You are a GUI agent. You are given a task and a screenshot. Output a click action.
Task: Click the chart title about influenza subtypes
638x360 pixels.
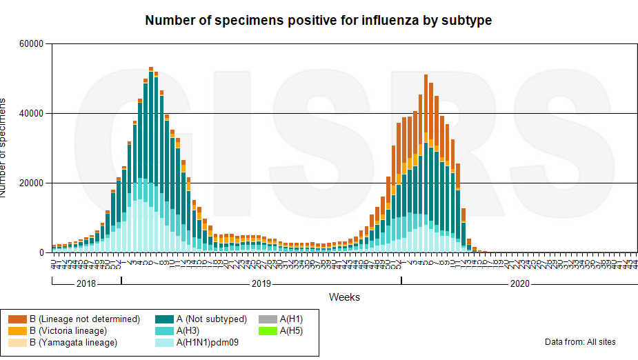[318, 21]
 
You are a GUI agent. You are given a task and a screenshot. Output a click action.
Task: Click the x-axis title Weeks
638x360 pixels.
[344, 297]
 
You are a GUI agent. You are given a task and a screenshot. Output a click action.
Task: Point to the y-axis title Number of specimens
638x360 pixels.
[6, 148]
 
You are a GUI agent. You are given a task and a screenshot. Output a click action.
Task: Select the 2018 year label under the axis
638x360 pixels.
[86, 283]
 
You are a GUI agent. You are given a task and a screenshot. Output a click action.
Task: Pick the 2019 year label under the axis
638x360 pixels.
[261, 283]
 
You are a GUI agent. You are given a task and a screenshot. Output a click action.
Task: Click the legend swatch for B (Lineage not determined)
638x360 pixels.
[17, 319]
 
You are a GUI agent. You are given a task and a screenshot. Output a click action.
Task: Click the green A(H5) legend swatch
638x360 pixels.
[268, 331]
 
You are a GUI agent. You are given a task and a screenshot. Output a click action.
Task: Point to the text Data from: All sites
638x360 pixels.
[580, 342]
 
